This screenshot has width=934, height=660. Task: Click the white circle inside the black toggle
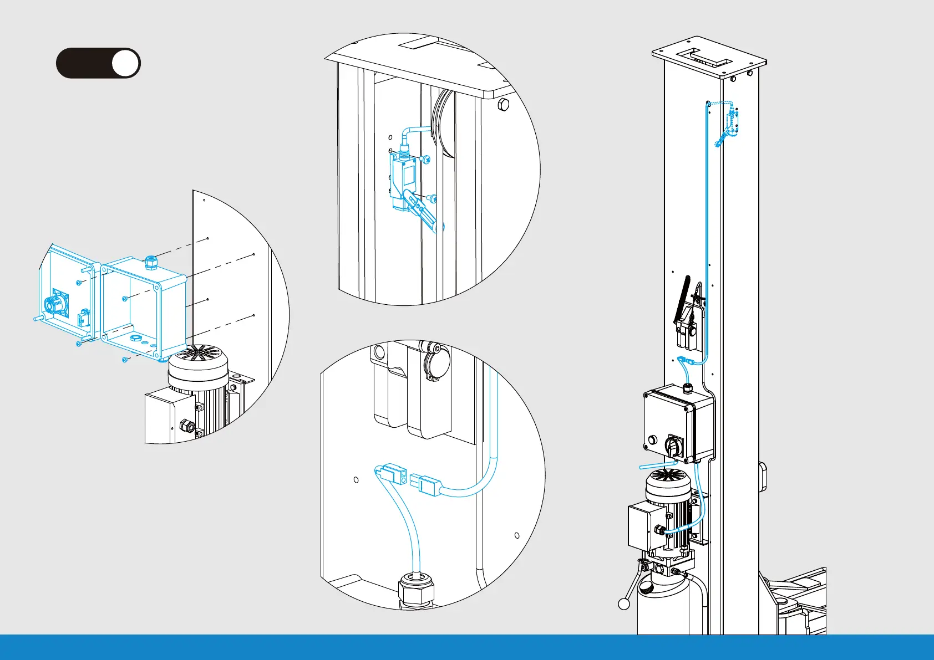point(125,63)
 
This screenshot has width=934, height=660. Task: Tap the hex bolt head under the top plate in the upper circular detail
point(503,105)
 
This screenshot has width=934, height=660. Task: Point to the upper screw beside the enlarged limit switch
point(427,160)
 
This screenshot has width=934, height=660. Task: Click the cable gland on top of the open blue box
point(150,261)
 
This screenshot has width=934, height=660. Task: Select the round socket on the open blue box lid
point(54,304)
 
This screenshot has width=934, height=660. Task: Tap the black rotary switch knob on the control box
point(674,446)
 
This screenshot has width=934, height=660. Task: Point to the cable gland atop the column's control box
point(688,386)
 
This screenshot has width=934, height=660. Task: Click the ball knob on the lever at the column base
point(625,603)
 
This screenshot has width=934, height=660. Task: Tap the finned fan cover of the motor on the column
point(668,483)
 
